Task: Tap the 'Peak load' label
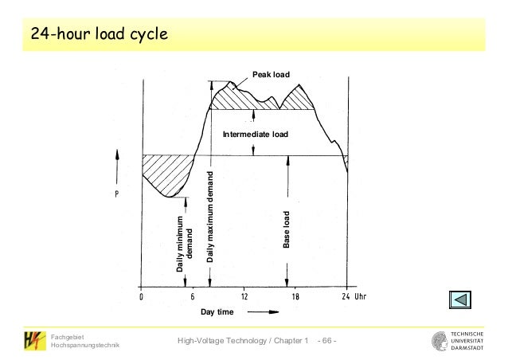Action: coord(272,74)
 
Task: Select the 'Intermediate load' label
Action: coord(255,135)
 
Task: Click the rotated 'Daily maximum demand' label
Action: coord(210,216)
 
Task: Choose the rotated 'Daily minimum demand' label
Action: coord(185,245)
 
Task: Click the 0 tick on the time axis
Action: coord(141,298)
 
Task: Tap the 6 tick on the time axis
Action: coord(192,298)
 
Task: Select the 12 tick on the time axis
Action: coord(244,298)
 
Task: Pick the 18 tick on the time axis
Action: coord(295,298)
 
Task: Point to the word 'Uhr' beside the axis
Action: coord(365,298)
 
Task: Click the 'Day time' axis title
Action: coord(217,312)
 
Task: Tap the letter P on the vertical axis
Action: coord(117,194)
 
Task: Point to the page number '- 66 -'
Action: coord(326,342)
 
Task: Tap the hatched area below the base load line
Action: coord(166,175)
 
